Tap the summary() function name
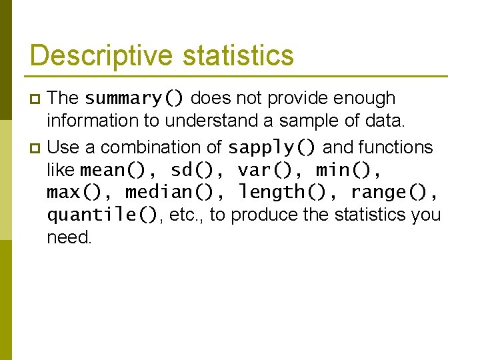[135, 99]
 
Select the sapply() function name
[273, 147]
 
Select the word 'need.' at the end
[69, 238]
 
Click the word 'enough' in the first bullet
[365, 99]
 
